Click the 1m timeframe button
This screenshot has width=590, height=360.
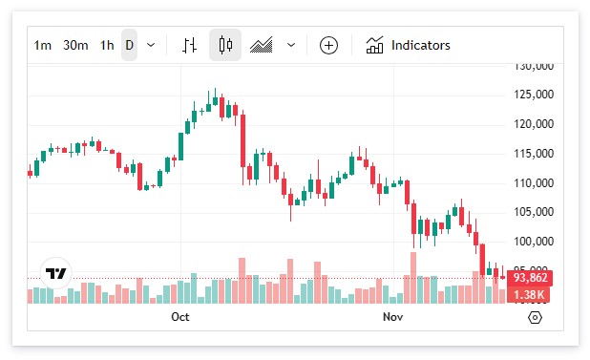(43, 45)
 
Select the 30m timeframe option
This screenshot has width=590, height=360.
(75, 45)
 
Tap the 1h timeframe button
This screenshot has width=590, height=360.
(107, 45)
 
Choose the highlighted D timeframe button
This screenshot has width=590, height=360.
(129, 45)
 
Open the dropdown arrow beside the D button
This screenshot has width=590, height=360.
(151, 45)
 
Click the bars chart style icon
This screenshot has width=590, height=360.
(190, 45)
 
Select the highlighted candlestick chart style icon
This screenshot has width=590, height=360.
(225, 45)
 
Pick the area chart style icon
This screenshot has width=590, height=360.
(262, 45)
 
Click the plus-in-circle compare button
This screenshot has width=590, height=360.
(328, 45)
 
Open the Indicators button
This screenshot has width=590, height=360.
(409, 45)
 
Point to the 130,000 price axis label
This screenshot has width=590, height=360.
(534, 67)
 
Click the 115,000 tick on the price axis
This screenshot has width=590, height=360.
(534, 154)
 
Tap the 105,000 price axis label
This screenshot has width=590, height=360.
(534, 212)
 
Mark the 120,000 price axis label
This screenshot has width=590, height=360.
(534, 124)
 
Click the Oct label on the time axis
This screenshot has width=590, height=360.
(179, 316)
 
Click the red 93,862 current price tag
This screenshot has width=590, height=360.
(529, 278)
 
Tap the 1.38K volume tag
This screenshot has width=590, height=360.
(529, 295)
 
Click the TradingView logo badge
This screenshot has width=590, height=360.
(57, 274)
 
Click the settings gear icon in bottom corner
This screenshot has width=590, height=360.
(535, 317)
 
